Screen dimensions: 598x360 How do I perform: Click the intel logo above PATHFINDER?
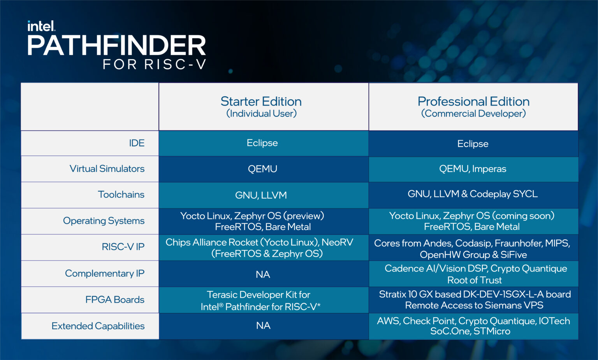pos(41,26)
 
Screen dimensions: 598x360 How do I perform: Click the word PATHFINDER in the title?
pos(117,46)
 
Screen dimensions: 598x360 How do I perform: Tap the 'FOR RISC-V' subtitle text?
pos(155,64)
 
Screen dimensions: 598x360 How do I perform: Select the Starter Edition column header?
pos(261,107)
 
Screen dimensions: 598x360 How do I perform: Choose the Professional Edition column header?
pos(473,107)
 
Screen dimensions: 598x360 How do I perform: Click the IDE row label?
pos(137,143)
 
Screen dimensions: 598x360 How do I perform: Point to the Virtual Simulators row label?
pos(107,169)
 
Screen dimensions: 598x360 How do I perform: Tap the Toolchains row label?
pos(121,194)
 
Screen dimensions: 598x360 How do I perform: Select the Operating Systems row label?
pos(104,221)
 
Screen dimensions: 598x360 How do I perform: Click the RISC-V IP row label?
pos(123,247)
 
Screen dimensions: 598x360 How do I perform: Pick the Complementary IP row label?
pos(105,274)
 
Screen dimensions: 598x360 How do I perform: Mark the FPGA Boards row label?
pos(115,300)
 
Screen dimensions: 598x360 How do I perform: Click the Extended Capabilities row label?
pos(98,326)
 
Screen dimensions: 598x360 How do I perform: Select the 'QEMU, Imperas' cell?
pos(473,169)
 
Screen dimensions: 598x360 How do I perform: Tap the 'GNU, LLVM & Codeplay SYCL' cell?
pos(473,194)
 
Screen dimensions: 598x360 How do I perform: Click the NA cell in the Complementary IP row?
pos(263,275)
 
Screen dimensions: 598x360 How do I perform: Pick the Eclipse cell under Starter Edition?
pos(262,143)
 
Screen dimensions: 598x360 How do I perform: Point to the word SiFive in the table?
pos(514,255)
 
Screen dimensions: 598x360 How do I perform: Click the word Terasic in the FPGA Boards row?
pos(222,295)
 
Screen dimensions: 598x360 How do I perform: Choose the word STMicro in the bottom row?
pos(492,332)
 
